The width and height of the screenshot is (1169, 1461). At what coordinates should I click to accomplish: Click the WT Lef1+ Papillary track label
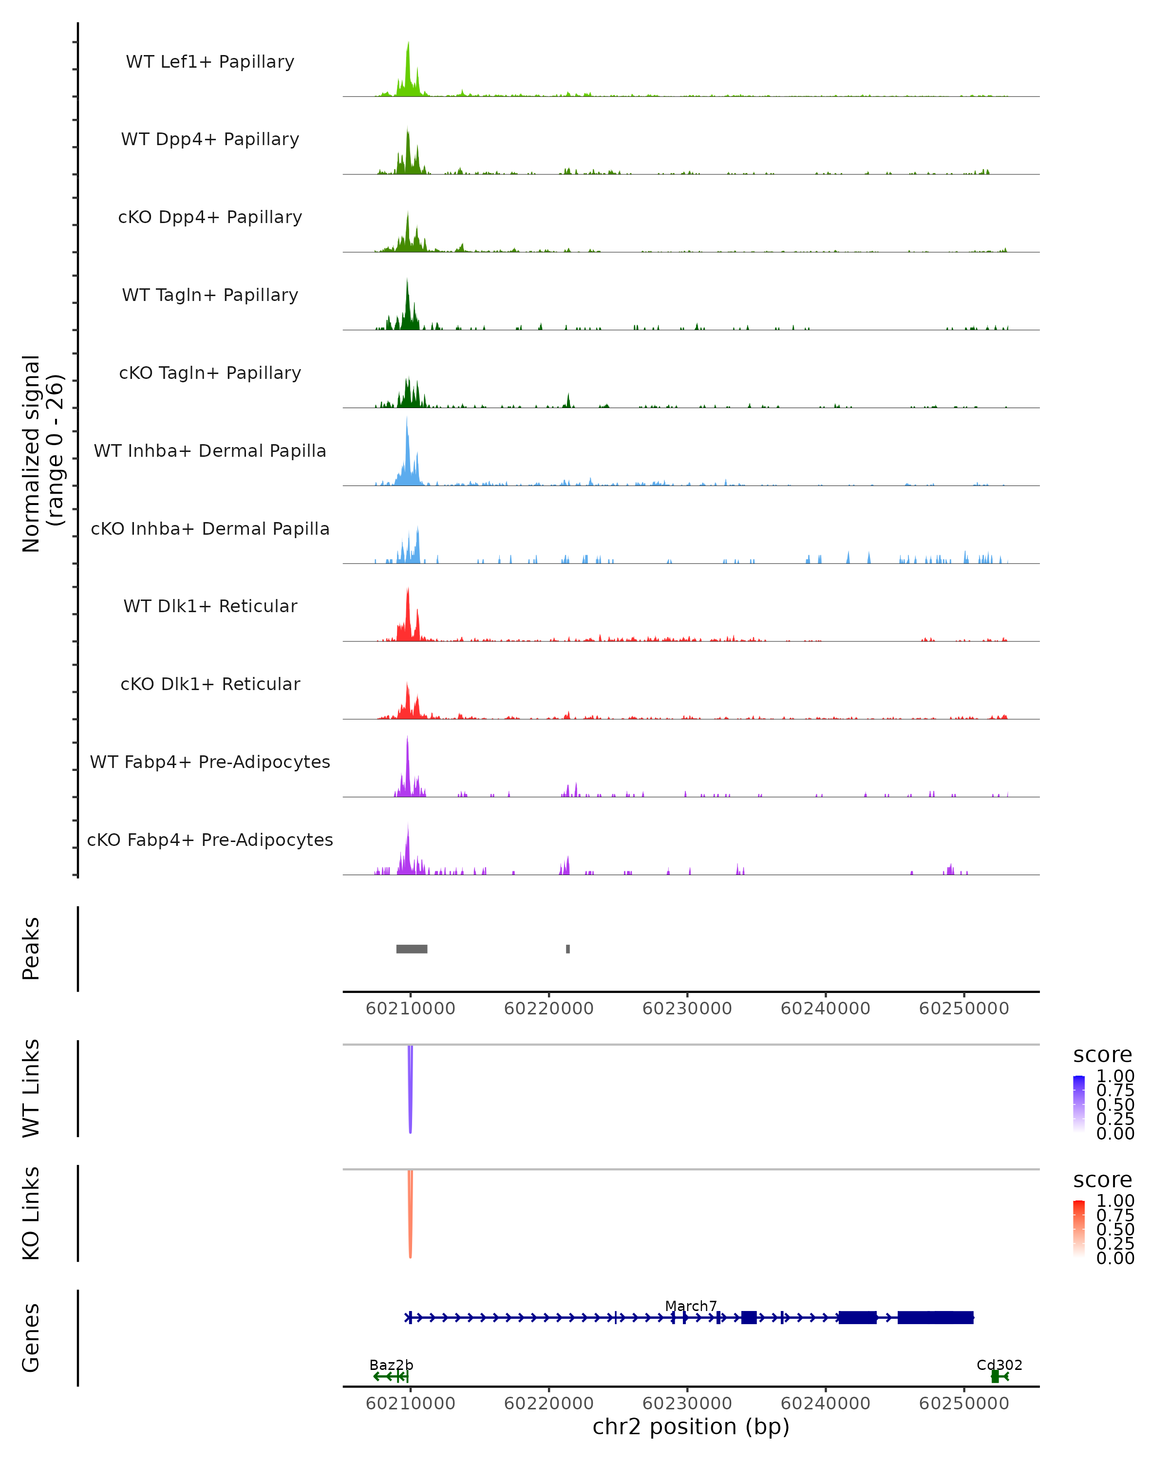pos(210,62)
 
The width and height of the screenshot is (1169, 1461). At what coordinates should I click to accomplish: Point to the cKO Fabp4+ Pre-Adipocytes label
pos(210,840)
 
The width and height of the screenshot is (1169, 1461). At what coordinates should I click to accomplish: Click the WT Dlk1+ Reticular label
pos(210,606)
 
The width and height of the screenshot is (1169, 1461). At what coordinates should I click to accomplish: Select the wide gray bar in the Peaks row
pos(412,949)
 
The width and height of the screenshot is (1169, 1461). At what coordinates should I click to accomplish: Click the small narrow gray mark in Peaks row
pos(568,949)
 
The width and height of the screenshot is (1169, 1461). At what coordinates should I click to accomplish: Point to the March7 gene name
pos(691,1306)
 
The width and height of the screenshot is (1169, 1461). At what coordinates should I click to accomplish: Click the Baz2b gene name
pos(391,1365)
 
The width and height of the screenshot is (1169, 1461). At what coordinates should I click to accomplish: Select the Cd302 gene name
pos(999,1365)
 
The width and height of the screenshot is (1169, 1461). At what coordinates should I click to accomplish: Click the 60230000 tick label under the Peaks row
pos(687,1009)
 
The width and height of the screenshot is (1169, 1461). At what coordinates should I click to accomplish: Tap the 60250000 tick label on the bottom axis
pos(963,1404)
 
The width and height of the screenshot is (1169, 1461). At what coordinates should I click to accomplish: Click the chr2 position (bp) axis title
pos(691,1427)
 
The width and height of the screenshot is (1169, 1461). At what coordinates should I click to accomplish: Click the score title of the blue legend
pos(1102,1054)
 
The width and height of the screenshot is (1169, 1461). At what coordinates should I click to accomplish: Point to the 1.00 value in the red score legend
pos(1115,1201)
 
